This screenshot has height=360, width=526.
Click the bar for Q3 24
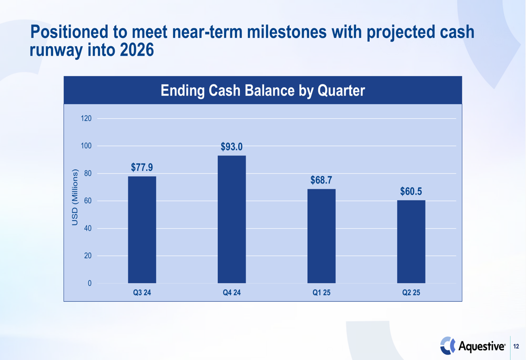(x=142, y=230)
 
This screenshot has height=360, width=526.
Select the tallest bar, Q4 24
(x=232, y=219)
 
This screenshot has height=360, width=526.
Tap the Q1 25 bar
(x=321, y=236)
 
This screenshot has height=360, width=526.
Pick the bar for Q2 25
(x=411, y=242)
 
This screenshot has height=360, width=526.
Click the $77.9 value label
(x=142, y=167)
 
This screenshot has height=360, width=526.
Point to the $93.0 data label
(x=232, y=147)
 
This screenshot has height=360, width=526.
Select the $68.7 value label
(x=321, y=180)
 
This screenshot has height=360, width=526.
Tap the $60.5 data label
(x=411, y=191)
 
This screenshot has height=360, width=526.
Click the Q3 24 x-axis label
(x=142, y=293)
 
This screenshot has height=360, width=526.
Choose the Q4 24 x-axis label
(x=232, y=293)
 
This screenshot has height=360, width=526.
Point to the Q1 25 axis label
(x=321, y=293)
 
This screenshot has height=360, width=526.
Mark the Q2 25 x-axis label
(x=411, y=293)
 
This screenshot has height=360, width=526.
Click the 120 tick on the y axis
(x=86, y=118)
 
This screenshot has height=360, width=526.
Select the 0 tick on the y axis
(x=89, y=283)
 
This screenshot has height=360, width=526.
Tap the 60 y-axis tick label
(x=88, y=201)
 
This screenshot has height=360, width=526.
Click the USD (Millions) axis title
(x=75, y=197)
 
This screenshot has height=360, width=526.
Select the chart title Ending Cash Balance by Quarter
(x=262, y=90)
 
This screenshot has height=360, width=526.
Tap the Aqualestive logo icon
(x=448, y=346)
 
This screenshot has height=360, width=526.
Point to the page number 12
(x=516, y=346)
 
